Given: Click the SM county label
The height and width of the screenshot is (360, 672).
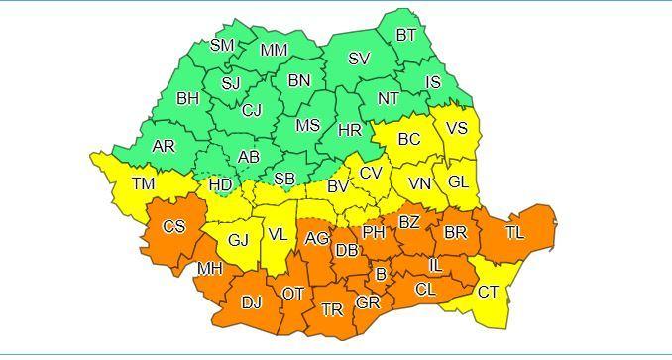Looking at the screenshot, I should click(x=222, y=45).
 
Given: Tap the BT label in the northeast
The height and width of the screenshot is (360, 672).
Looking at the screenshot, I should click(x=406, y=35).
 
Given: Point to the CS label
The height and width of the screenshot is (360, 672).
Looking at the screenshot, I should click(x=173, y=227).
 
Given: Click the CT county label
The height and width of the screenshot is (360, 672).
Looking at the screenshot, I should click(x=488, y=292).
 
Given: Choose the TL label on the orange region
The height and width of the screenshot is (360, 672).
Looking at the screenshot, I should click(x=514, y=232).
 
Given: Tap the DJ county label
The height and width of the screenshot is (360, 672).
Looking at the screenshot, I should click(x=252, y=302).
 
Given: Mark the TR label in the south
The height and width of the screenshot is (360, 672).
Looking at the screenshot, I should click(x=332, y=310).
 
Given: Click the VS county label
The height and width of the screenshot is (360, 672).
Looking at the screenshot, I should click(x=457, y=128).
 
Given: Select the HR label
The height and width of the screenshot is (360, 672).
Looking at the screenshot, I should click(x=350, y=130).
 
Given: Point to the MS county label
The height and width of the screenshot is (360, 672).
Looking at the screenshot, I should click(x=308, y=125).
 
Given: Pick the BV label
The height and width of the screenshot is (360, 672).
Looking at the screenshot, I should click(x=338, y=185).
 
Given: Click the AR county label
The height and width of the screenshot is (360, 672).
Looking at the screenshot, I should click(x=164, y=146).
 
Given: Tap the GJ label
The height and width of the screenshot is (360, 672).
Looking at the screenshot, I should click(x=238, y=240).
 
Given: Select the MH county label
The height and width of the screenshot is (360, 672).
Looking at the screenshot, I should click(x=209, y=268).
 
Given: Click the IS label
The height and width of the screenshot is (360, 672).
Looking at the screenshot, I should click(x=432, y=81).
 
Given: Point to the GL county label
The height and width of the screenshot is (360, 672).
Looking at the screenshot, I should click(x=457, y=181).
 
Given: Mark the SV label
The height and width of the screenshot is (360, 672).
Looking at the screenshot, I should click(x=359, y=59).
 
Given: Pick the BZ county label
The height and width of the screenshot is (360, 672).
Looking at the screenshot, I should click(x=408, y=222).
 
